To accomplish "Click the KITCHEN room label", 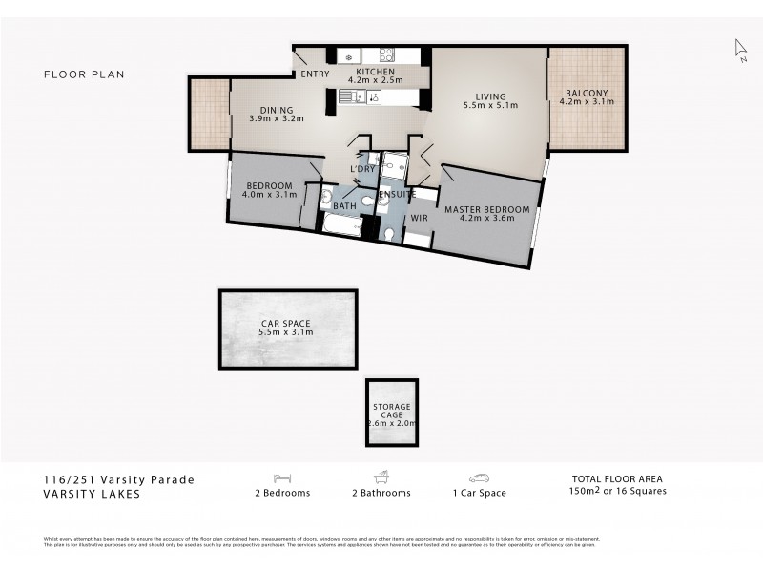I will click(x=376, y=72).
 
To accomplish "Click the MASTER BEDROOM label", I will click(x=486, y=208).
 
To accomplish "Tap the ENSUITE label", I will click(x=397, y=194).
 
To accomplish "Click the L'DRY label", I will click(x=362, y=169).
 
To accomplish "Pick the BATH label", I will click(x=344, y=205).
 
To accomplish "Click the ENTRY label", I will click(x=314, y=74).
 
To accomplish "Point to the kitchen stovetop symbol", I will click(x=386, y=55).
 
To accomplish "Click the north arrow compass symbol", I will click(x=740, y=48).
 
